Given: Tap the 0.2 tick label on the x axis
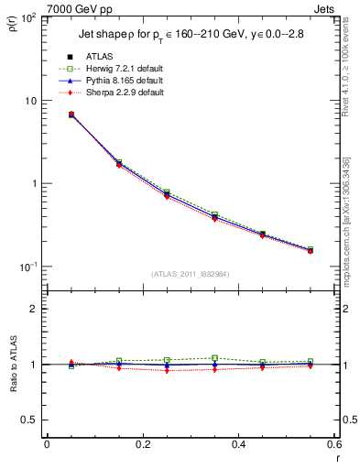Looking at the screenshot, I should pos(142,443).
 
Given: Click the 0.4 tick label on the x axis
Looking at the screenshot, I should pos(238,443).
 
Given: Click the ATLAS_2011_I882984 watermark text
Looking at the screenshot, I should pos(189,274).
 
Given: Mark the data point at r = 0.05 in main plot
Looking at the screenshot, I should pos(71,115).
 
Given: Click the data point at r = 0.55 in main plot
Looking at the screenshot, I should pos(311,249).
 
